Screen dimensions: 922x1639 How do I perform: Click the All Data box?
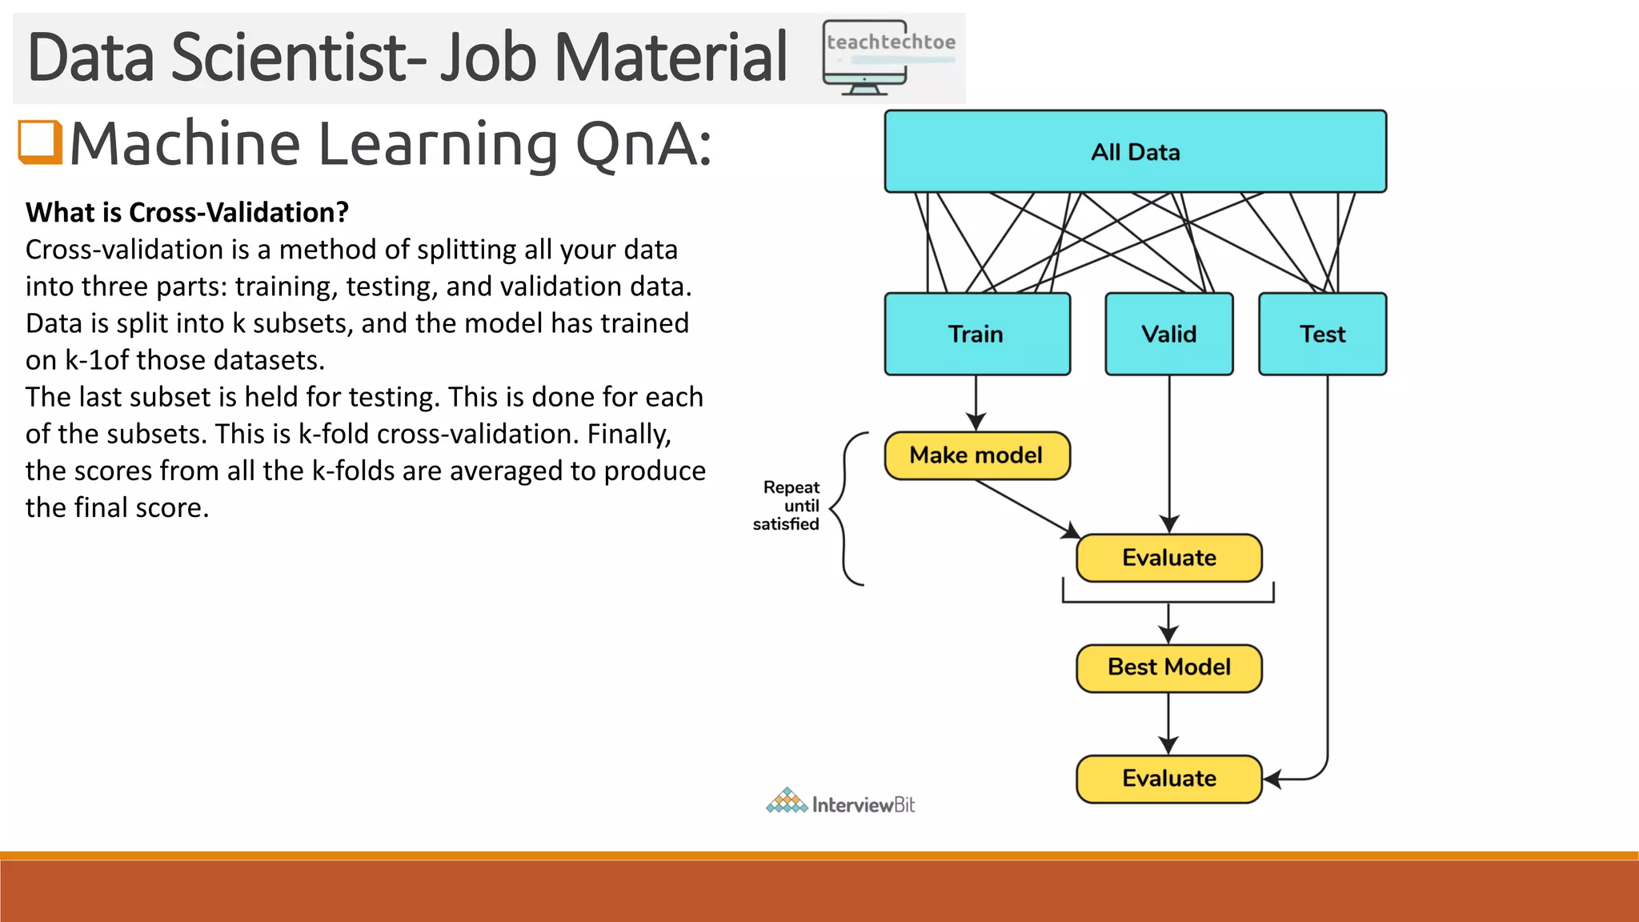pyautogui.click(x=1135, y=151)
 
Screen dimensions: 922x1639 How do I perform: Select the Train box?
pyautogui.click(x=976, y=334)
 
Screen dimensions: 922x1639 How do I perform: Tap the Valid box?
pyautogui.click(x=1168, y=334)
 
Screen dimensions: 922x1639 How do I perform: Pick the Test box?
pyautogui.click(x=1322, y=334)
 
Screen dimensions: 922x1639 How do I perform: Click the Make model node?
pyautogui.click(x=976, y=455)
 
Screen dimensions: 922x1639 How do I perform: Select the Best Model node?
pyautogui.click(x=1168, y=667)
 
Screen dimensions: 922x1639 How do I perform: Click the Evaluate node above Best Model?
pyautogui.click(x=1168, y=558)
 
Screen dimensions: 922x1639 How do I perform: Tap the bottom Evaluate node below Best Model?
pyautogui.click(x=1168, y=779)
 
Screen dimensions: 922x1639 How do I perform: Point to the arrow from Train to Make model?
pyautogui.click(x=976, y=403)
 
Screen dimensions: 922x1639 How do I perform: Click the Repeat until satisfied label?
pyautogui.click(x=787, y=506)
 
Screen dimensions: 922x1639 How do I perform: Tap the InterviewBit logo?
pyautogui.click(x=840, y=802)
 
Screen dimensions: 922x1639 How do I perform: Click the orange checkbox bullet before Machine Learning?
pyautogui.click(x=40, y=142)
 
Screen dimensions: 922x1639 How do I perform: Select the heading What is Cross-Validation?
pyautogui.click(x=187, y=213)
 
